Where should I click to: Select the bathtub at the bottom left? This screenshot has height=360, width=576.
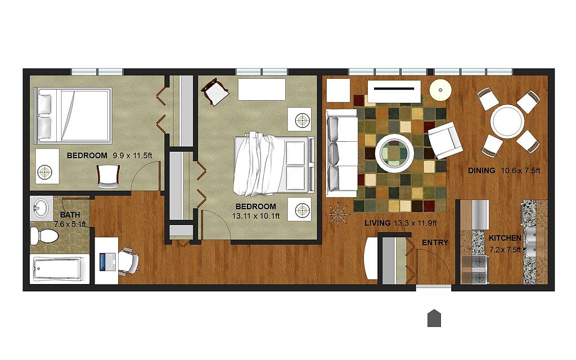click(58, 269)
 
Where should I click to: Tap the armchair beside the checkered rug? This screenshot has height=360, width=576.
click(445, 140)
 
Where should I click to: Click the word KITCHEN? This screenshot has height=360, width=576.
click(505, 238)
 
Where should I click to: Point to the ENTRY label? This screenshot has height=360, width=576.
click(435, 242)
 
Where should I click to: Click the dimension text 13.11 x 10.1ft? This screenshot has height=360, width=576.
click(256, 216)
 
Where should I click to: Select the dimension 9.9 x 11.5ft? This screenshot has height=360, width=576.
click(132, 155)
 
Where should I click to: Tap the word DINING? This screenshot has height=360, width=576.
click(481, 170)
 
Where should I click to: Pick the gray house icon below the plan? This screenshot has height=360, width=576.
click(434, 318)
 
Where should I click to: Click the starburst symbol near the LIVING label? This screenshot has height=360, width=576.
click(338, 214)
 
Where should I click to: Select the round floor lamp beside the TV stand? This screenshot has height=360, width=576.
click(440, 90)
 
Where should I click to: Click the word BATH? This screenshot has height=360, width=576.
click(70, 215)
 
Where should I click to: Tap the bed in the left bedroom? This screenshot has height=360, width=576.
click(73, 115)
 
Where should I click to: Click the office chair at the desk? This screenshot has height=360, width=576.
click(129, 261)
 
